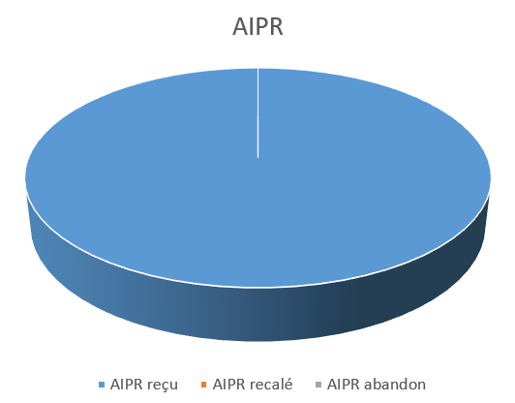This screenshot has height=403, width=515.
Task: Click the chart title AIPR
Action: [257, 26]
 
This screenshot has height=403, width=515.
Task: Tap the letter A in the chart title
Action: [240, 26]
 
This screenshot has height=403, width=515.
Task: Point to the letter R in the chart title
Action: [276, 26]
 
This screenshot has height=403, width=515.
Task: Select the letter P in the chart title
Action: [261, 26]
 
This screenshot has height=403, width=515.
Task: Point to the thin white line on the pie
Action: [257, 113]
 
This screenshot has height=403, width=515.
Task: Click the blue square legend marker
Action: [102, 385]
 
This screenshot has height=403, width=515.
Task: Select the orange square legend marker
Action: [203, 385]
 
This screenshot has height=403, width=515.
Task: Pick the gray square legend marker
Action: [318, 385]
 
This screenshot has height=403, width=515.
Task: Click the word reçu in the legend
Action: [164, 386]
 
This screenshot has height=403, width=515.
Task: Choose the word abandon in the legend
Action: [395, 384]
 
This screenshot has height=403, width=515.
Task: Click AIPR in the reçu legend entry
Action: [128, 384]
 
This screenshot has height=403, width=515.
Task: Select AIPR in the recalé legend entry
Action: [230, 384]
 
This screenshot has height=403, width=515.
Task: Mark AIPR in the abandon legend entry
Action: [345, 384]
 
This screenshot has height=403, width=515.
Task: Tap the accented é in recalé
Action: [288, 384]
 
